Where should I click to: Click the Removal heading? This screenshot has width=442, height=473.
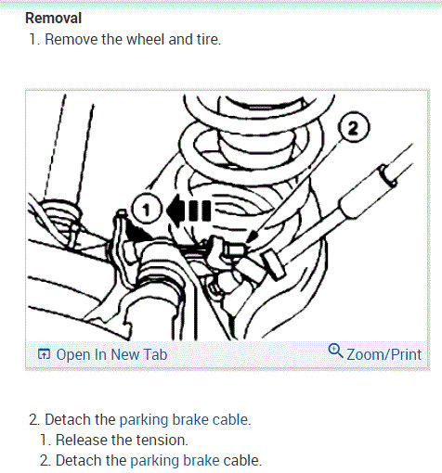tap(53, 18)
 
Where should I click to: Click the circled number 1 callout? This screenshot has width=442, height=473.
tap(146, 209)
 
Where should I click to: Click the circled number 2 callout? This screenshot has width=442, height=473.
tap(354, 127)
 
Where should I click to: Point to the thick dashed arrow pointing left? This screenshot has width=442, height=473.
tap(188, 211)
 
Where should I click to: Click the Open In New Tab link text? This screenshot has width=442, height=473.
tap(111, 354)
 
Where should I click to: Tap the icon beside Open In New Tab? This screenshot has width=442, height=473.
tap(44, 354)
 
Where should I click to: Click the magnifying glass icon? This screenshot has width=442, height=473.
tap(335, 351)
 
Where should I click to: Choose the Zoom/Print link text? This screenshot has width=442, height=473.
tap(383, 354)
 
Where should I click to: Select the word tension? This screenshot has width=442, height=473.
tap(162, 440)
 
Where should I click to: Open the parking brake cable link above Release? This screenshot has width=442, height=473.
tap(184, 420)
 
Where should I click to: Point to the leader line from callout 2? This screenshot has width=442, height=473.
tap(298, 187)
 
